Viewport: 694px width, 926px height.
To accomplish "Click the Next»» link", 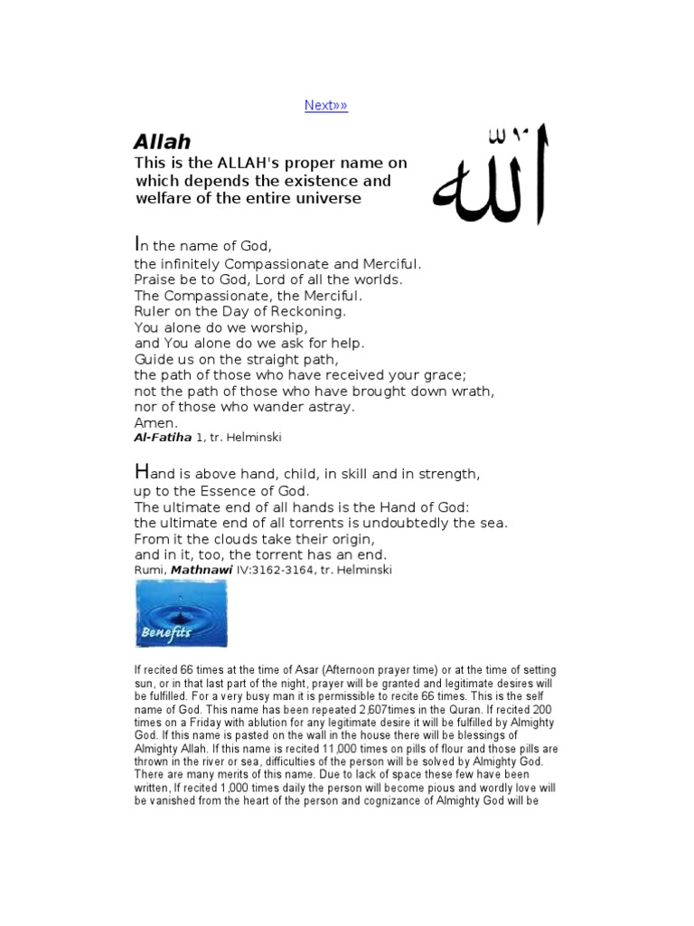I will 325,106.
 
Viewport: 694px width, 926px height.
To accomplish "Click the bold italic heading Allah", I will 162,142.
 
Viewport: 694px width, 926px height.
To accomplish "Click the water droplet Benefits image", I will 181,614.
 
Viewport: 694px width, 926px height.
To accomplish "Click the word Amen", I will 156,422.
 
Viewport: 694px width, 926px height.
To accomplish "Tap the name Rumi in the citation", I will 149,570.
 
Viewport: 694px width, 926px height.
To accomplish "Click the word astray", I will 331,407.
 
